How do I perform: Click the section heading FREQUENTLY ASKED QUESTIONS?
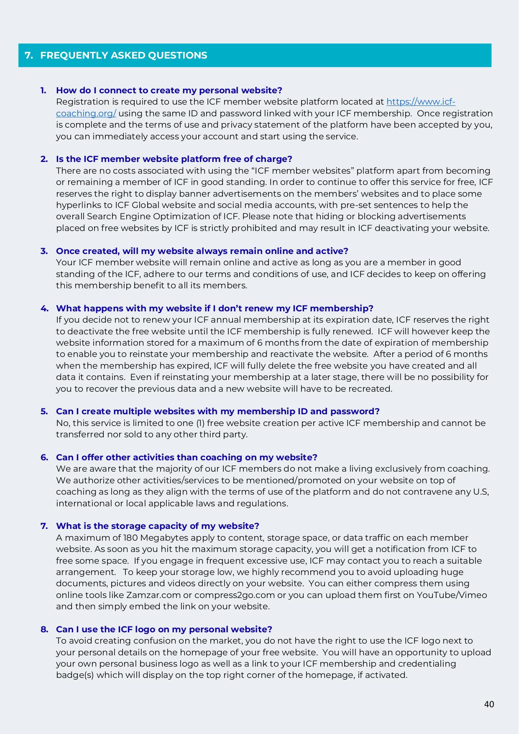tap(123, 55)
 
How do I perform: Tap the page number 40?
tap(489, 704)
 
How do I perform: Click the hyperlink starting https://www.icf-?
tap(420, 102)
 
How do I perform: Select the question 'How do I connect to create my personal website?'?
tap(169, 90)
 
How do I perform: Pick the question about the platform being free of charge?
tap(174, 159)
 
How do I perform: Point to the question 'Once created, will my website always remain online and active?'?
tap(202, 251)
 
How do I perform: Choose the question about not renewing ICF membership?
tap(215, 308)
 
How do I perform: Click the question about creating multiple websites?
tap(217, 411)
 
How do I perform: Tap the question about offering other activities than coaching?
tap(187, 457)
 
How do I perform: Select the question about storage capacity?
tap(157, 526)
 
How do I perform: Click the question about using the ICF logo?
tap(164, 629)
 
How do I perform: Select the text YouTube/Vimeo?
tap(452, 595)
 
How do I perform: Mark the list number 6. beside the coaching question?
tap(44, 457)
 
